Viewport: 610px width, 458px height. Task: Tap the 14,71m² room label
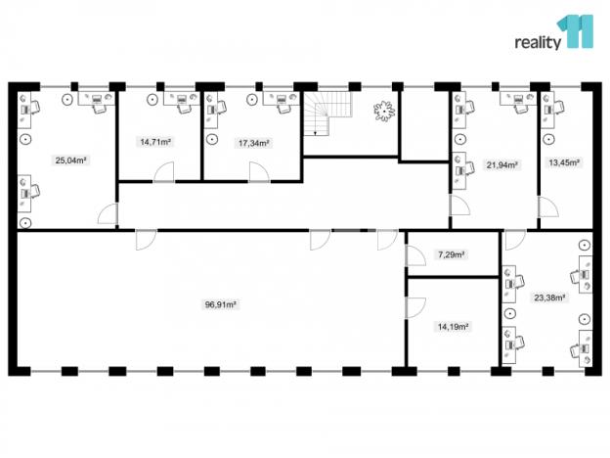(155, 142)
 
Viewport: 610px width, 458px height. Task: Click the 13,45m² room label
(564, 163)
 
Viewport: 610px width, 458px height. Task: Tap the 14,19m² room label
(453, 327)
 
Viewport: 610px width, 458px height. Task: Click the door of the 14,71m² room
(163, 172)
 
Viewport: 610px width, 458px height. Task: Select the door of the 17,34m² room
(259, 172)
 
